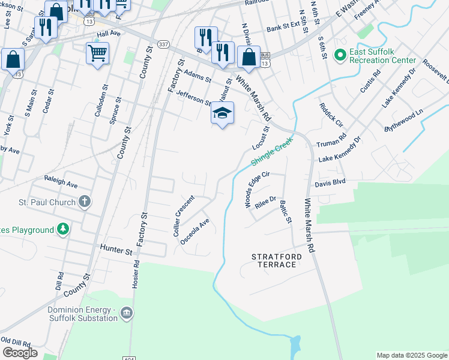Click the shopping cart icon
click(97, 52)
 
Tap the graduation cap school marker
click(222, 113)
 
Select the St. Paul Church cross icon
click(85, 202)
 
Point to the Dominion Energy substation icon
click(127, 313)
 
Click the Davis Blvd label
click(330, 181)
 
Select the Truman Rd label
click(331, 140)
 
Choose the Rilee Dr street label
click(265, 203)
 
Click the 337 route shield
click(163, 44)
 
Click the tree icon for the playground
click(62, 229)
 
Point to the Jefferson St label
click(194, 98)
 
